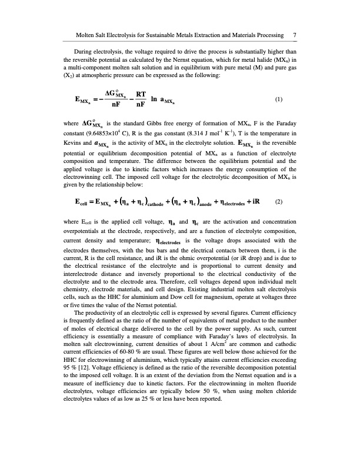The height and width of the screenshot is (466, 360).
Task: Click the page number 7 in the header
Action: click(294, 35)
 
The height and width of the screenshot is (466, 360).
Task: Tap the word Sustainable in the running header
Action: click(156, 35)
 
